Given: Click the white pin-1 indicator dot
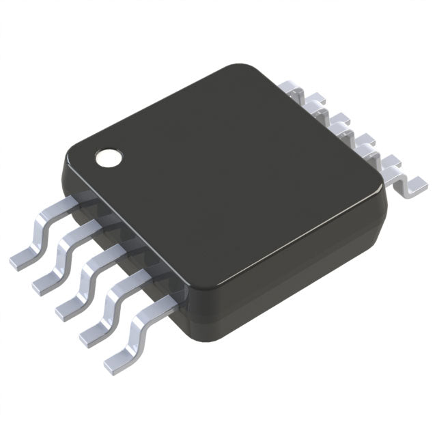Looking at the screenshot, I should [x=107, y=157].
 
